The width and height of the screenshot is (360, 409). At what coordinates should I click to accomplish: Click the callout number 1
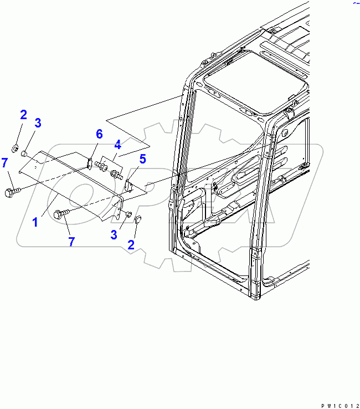(x=35, y=223)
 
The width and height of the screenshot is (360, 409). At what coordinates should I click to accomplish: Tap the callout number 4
(x=117, y=145)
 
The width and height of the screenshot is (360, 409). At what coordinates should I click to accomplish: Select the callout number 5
(x=142, y=160)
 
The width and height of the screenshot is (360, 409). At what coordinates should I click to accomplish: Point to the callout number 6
(x=100, y=134)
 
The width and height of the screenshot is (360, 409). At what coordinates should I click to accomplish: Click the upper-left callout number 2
(x=23, y=115)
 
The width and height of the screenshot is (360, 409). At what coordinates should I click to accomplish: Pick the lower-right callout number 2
(x=131, y=244)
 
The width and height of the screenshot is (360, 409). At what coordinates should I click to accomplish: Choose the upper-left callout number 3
(x=38, y=123)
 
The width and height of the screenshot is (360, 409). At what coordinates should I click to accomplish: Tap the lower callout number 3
(x=114, y=235)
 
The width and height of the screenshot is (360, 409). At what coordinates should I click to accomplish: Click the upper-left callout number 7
(x=4, y=162)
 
